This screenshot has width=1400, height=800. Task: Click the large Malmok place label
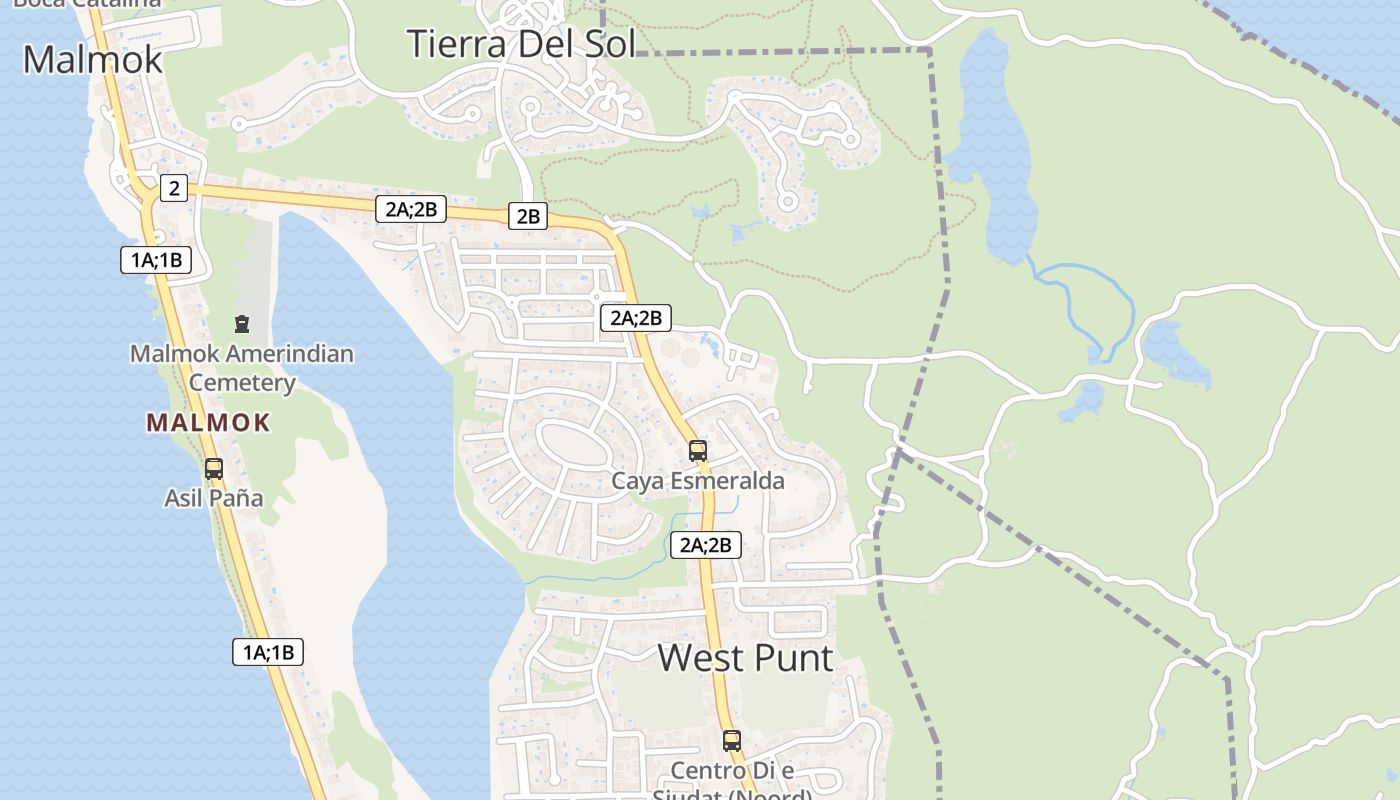[92, 60]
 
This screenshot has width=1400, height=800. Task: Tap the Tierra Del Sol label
[520, 44]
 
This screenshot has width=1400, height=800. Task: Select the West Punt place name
[745, 658]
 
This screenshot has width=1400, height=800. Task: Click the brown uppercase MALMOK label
[208, 423]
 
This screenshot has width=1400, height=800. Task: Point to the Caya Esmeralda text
[698, 481]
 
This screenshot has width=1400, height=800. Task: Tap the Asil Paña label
[214, 498]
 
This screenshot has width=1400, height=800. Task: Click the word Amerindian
[290, 354]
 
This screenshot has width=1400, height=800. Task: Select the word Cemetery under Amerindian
[242, 383]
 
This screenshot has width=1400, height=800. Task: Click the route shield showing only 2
[174, 188]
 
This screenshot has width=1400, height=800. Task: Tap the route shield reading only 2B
[528, 216]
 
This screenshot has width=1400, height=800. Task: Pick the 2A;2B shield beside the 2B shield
[410, 209]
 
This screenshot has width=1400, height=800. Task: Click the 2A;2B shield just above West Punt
[706, 545]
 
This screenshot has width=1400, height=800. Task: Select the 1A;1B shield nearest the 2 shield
[155, 261]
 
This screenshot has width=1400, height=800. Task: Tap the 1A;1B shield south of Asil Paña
[268, 652]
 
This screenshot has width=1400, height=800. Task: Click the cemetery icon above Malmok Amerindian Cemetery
[241, 324]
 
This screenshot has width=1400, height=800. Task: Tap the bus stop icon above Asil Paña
[213, 468]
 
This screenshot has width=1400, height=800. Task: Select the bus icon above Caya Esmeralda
[697, 450]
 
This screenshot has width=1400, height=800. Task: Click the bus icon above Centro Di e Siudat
[732, 741]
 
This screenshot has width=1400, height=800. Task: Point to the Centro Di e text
[732, 771]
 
